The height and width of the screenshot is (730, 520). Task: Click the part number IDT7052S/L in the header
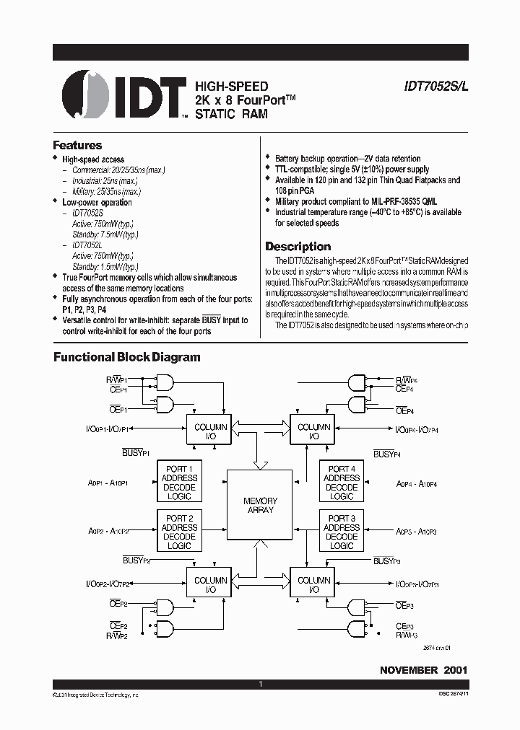[x=435, y=86]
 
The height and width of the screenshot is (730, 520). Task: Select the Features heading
[x=77, y=145]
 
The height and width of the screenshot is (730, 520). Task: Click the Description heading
[x=298, y=246]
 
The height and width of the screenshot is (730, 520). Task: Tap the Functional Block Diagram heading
[x=127, y=357]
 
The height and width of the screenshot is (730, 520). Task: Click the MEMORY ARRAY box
[x=260, y=505]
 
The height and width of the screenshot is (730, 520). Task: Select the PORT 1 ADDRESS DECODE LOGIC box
[x=179, y=482]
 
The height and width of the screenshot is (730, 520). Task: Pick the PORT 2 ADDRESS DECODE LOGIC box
[x=179, y=532]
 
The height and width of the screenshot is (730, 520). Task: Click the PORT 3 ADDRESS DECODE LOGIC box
[x=342, y=532]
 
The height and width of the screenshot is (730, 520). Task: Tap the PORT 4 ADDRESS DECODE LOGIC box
[x=342, y=482]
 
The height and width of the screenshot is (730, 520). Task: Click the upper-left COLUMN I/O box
[x=210, y=431]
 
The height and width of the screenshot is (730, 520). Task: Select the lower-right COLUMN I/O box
[x=313, y=584]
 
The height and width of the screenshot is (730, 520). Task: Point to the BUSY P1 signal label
[x=136, y=453]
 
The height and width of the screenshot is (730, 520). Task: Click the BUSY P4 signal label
[x=387, y=453]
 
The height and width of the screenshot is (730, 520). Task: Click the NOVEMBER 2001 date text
[x=423, y=670]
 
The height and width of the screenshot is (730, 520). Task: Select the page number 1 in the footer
[x=260, y=684]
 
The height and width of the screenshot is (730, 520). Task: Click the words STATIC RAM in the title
[x=232, y=114]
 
